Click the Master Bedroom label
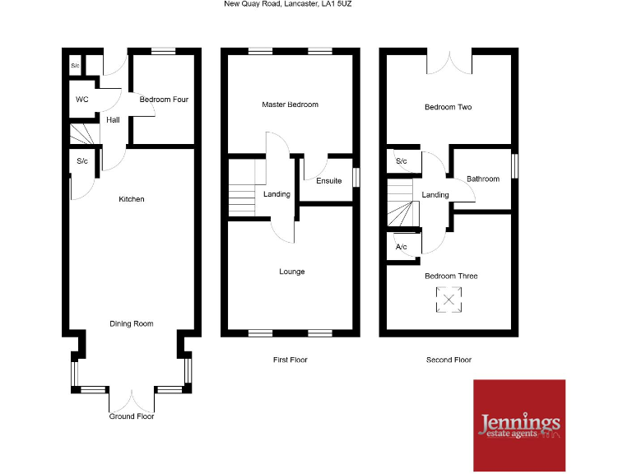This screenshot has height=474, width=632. (x=290, y=105)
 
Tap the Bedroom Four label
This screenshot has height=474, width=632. (x=164, y=100)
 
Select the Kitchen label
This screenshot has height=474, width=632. (x=132, y=199)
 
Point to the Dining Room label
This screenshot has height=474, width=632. (x=132, y=323)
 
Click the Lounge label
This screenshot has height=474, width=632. (x=292, y=272)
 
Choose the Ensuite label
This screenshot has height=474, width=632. (x=328, y=180)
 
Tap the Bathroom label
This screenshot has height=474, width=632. (x=483, y=179)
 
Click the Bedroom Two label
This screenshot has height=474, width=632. (x=448, y=107)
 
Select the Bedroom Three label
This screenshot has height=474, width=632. (x=451, y=276)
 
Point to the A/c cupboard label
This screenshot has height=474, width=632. (x=402, y=247)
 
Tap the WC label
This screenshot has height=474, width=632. (x=81, y=100)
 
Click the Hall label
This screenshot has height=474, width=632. (x=113, y=120)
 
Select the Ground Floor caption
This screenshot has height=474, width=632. (x=132, y=416)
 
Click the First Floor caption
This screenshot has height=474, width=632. (x=290, y=360)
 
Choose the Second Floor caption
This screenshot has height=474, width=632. (x=448, y=360)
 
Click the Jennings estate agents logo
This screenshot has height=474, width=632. (x=518, y=425)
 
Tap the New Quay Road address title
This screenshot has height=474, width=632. (x=289, y=4)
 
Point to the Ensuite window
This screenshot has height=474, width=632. (x=356, y=178)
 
